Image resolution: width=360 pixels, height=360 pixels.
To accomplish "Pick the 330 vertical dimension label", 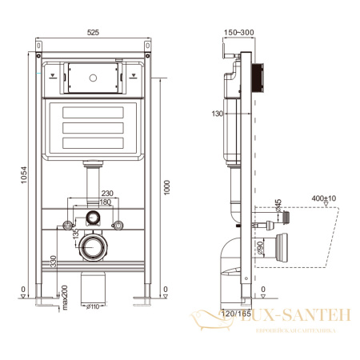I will pyautogui.click(x=54, y=260).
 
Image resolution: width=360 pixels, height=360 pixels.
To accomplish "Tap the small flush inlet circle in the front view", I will pyautogui.click(x=94, y=218).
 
